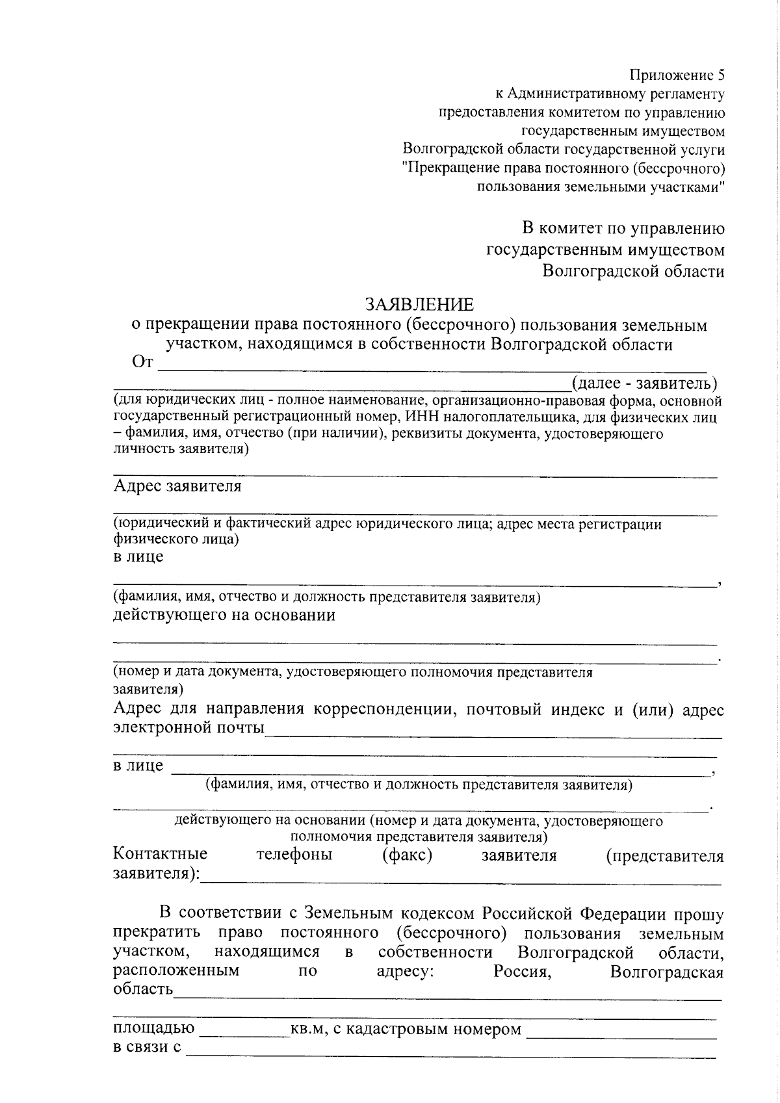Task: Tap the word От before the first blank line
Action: coord(142,362)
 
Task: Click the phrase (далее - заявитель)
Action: coord(643,382)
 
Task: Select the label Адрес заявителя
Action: coord(177,486)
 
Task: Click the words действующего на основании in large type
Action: coord(224,615)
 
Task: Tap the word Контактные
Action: coord(161,854)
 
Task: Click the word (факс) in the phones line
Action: coord(408,854)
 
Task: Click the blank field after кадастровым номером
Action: coord(621,1030)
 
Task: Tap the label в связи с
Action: coord(147,1048)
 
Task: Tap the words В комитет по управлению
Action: coord(623,229)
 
